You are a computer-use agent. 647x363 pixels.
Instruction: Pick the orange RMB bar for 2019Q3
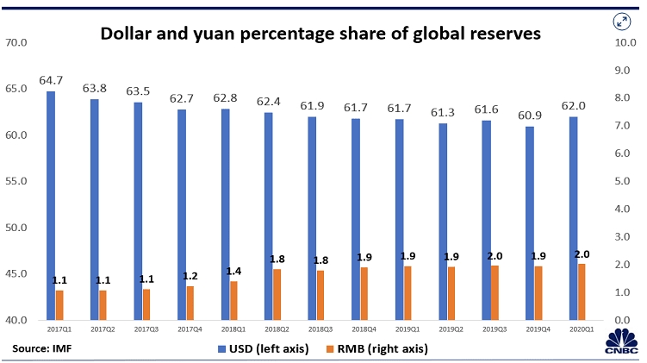(495, 292)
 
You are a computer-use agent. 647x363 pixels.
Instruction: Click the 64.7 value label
(51, 80)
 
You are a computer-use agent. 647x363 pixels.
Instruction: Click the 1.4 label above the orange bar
(233, 271)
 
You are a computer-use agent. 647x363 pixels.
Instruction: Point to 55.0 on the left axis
(17, 182)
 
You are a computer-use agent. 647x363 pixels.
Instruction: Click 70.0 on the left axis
(17, 42)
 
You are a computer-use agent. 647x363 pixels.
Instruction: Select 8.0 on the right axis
(624, 97)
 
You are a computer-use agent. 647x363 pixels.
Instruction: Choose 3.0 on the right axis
(624, 236)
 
